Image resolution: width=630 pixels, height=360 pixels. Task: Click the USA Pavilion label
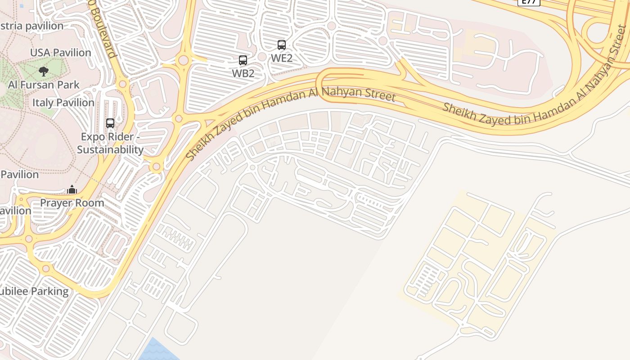[60, 53]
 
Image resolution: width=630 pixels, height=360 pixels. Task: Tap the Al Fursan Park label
[44, 85]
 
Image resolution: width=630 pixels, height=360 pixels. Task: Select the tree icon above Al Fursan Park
[44, 71]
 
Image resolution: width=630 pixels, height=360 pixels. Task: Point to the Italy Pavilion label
[63, 103]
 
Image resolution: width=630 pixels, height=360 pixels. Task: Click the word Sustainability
[110, 150]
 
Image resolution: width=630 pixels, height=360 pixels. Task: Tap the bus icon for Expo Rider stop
[110, 123]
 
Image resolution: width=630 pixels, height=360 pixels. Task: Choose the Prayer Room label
[72, 203]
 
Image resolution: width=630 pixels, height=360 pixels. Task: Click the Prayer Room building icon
[72, 189]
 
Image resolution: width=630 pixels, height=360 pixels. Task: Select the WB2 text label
[243, 73]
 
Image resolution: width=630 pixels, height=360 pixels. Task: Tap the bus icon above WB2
[243, 60]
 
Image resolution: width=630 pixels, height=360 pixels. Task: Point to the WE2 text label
[282, 58]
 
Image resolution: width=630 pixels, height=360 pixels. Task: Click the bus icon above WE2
[282, 45]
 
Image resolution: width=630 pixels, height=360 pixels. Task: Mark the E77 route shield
[529, 2]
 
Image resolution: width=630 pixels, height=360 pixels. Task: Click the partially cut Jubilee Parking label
[34, 292]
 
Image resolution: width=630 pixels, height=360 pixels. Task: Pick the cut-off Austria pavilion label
[31, 26]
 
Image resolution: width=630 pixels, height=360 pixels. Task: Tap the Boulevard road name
[103, 31]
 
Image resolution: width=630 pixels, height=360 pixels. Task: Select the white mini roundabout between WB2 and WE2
[262, 57]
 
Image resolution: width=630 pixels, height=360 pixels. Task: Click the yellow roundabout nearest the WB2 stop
[183, 60]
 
